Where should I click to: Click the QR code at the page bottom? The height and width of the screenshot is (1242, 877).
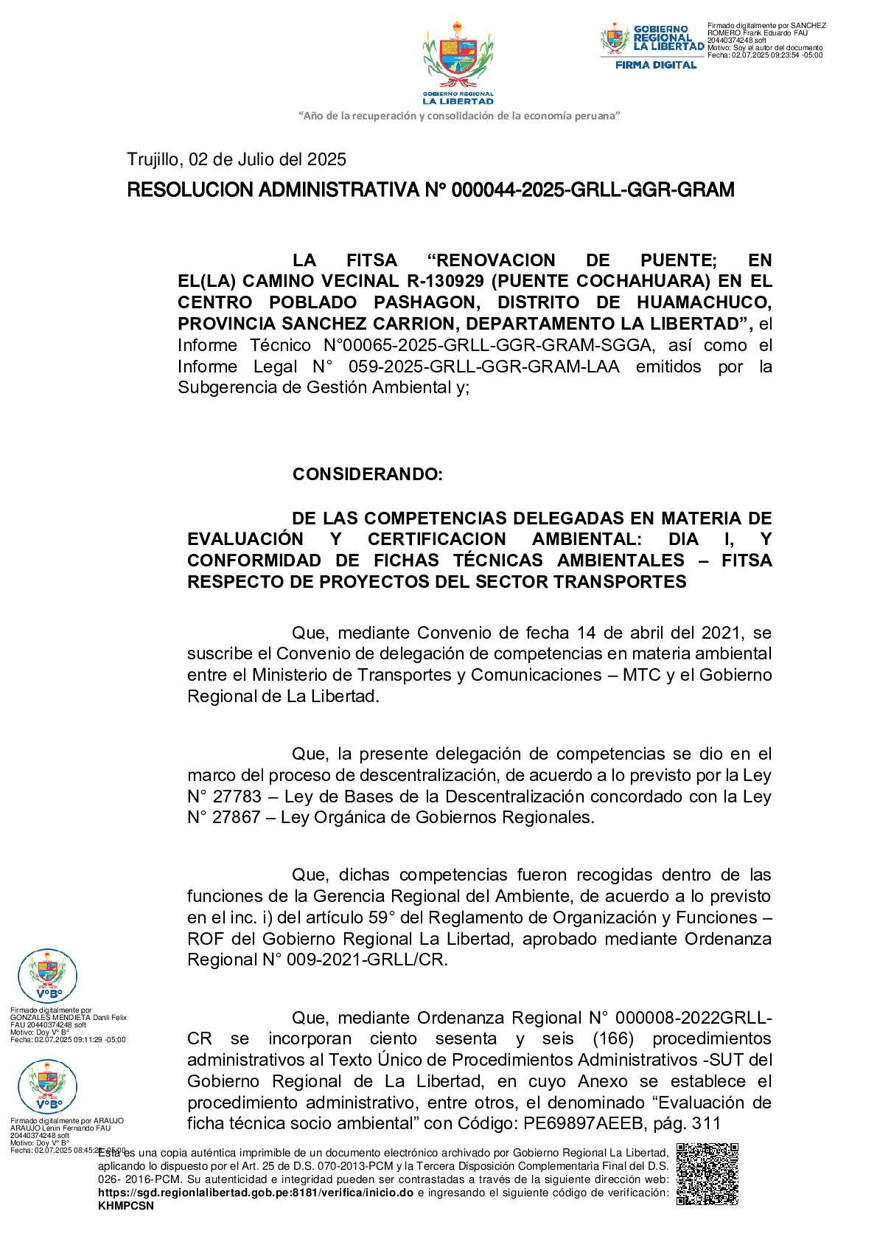[707, 1173]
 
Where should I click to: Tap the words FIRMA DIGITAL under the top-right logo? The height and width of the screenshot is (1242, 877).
[656, 65]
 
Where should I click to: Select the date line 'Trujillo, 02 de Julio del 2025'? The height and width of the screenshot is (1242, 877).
[237, 159]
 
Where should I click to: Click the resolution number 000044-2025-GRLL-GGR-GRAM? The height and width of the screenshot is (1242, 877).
[593, 190]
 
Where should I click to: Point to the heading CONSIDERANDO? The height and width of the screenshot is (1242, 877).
[367, 474]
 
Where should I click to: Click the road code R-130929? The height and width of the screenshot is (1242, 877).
[445, 281]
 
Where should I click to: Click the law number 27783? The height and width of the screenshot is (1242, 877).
[237, 797]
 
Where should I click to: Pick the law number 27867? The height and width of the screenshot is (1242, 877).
[237, 817]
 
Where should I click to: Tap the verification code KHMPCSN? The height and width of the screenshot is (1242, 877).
[126, 1206]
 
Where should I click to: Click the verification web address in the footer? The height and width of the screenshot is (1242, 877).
[256, 1193]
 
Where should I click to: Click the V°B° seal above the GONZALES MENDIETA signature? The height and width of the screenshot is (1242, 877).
[47, 976]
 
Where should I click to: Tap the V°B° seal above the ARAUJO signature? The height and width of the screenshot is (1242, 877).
[47, 1086]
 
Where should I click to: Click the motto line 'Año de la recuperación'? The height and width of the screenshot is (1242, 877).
[459, 116]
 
